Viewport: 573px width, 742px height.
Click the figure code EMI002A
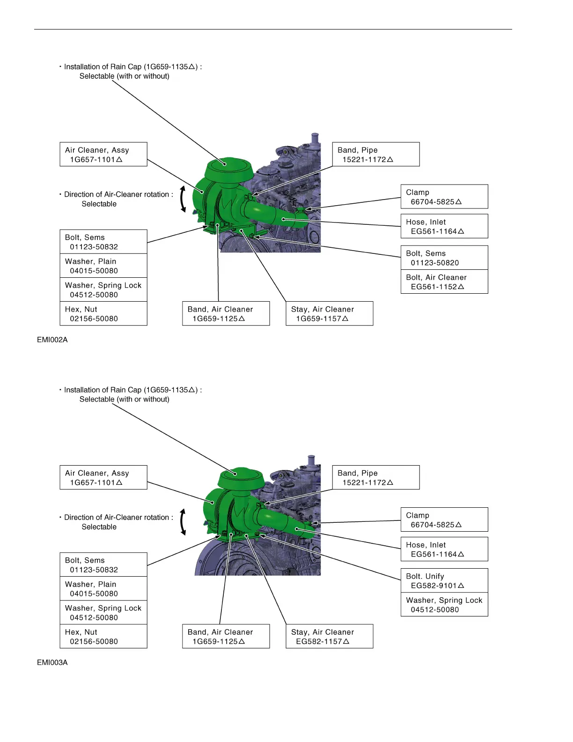tap(52, 340)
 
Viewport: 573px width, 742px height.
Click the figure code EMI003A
tap(52, 662)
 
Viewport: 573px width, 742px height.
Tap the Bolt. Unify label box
tap(444, 580)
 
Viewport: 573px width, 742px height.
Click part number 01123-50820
tap(435, 263)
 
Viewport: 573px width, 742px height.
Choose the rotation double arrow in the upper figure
tap(183, 199)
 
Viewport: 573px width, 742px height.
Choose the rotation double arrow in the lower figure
tap(183, 522)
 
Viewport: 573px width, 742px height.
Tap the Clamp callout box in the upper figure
tap(444, 197)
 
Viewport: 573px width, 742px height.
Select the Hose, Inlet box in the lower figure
tap(444, 549)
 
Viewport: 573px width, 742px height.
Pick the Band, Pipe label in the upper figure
tap(375, 154)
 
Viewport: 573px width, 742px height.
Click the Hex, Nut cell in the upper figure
tap(103, 313)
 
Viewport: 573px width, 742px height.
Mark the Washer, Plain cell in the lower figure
tap(103, 588)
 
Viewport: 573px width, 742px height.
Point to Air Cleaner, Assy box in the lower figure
tap(103, 477)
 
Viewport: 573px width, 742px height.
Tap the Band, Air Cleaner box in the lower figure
tap(226, 636)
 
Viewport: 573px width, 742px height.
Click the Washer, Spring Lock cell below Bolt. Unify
tap(444, 604)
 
